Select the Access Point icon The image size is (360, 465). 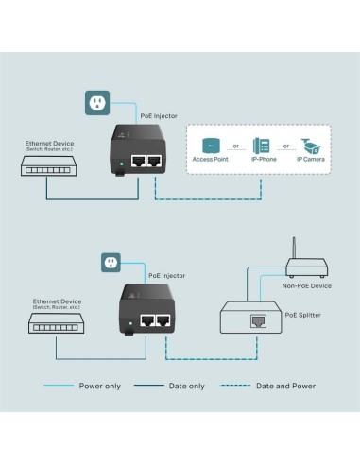[x=212, y=146]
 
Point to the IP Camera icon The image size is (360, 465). [x=311, y=146]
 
